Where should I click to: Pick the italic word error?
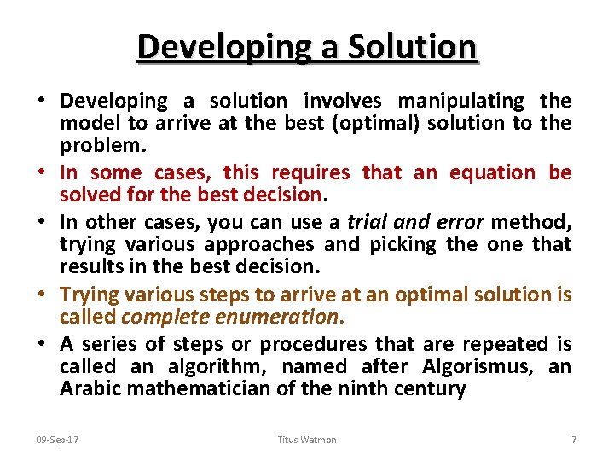(455, 222)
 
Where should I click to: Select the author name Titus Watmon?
(307, 440)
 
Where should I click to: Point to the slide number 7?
(574, 440)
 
